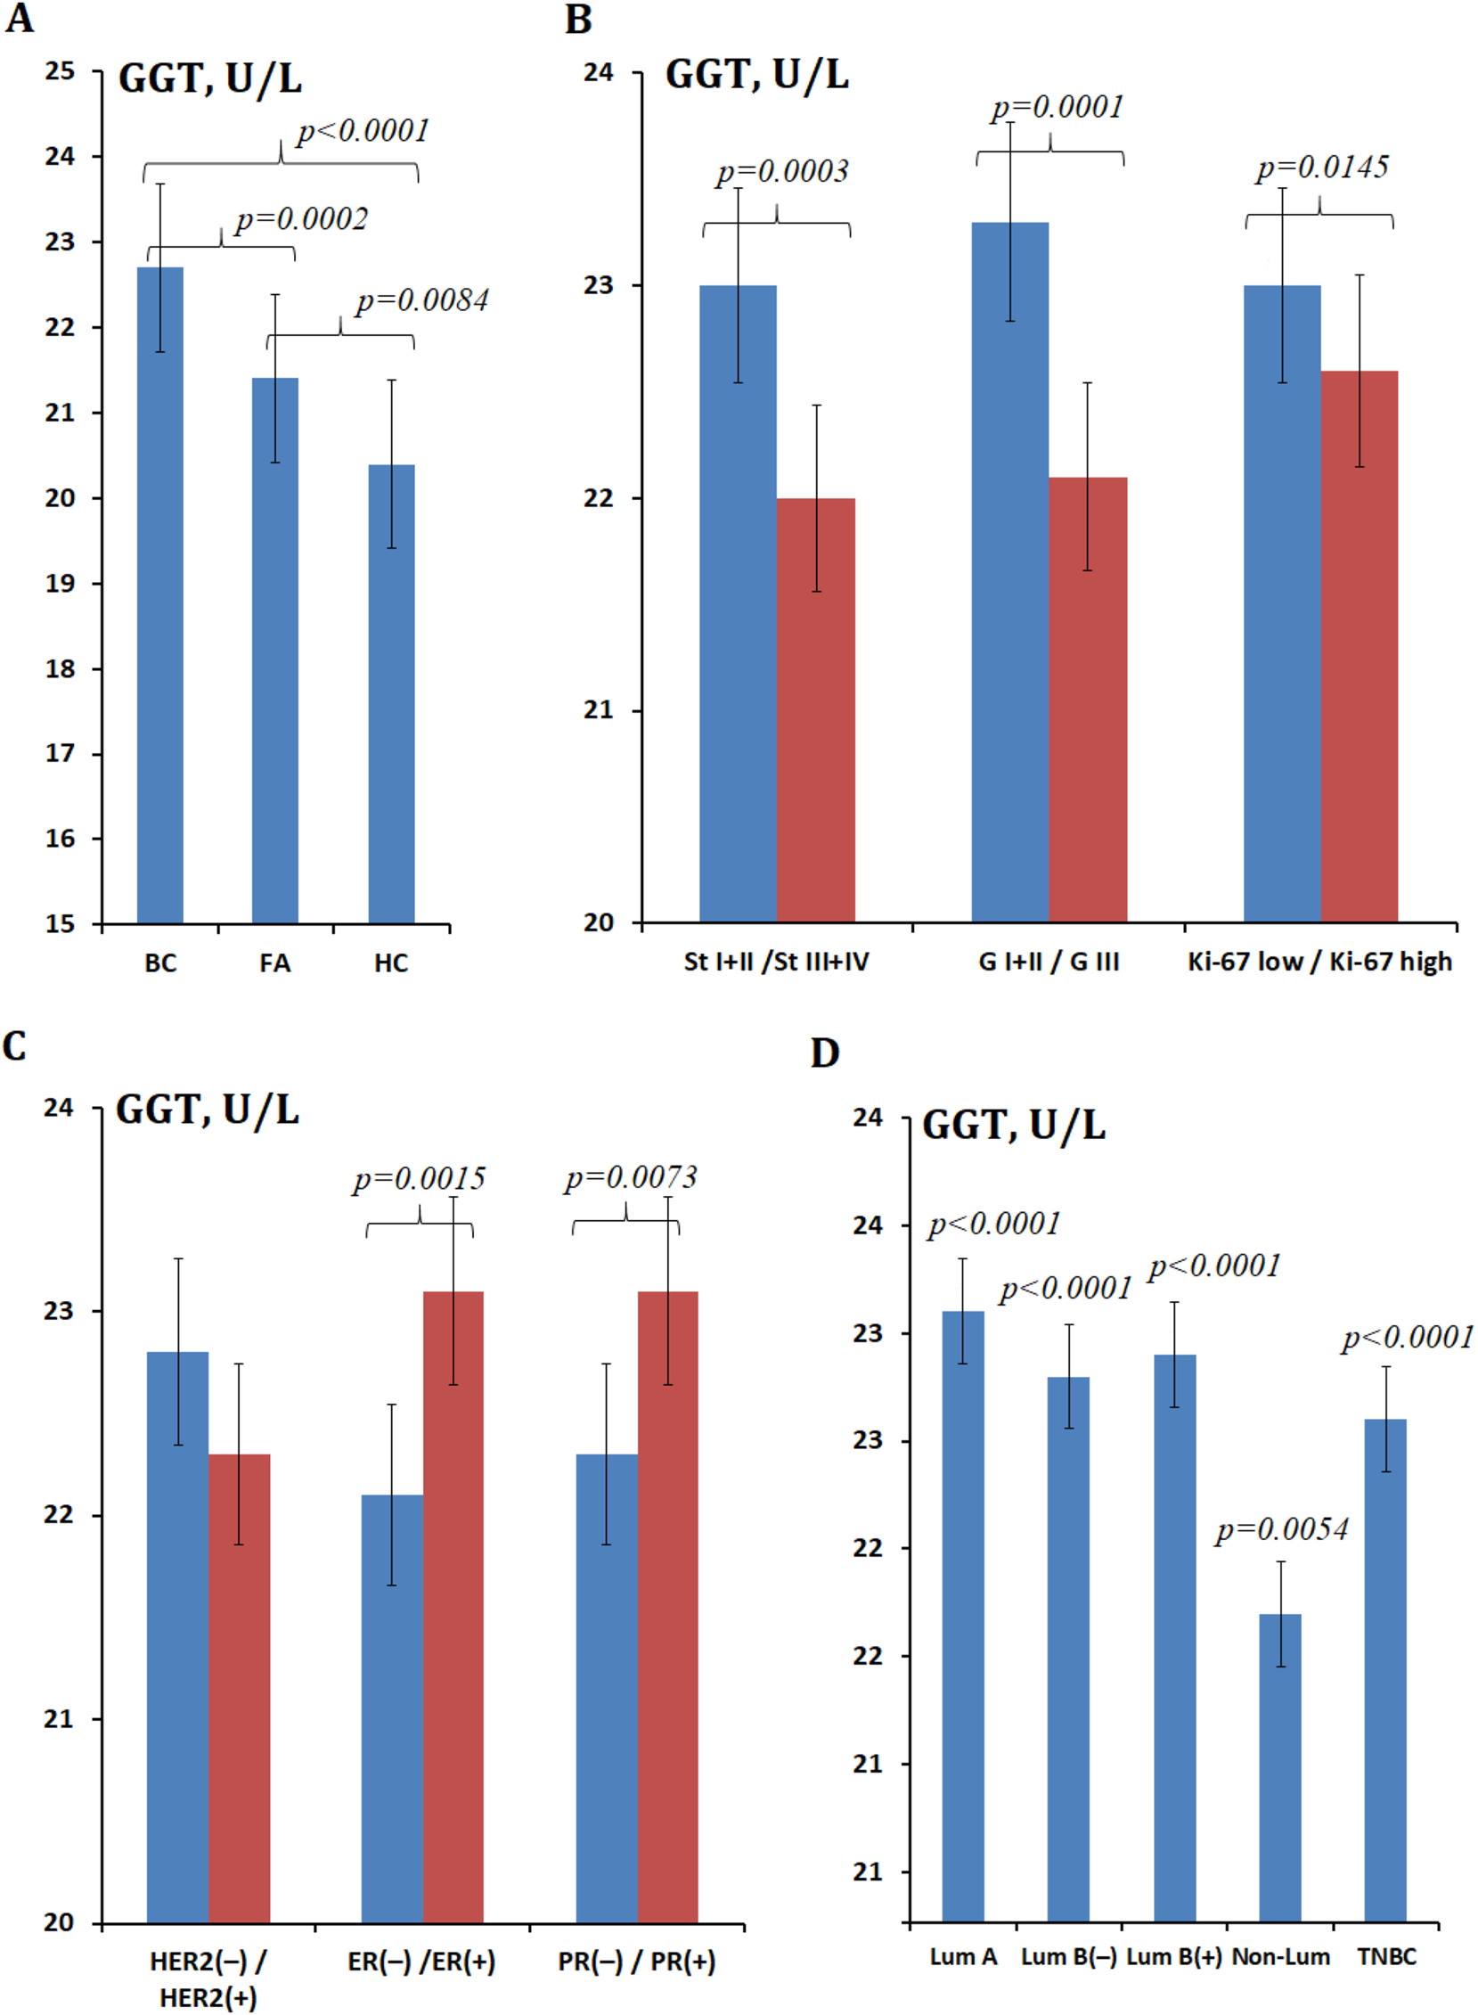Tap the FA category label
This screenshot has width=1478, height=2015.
(x=274, y=962)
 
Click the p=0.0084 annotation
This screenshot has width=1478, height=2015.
(x=422, y=301)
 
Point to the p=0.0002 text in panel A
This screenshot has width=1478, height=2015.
(x=301, y=219)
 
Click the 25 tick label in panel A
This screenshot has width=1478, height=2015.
(x=60, y=71)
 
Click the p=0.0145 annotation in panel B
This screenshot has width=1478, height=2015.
(x=1322, y=168)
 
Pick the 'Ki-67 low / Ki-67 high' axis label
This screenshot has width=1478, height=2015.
(x=1319, y=962)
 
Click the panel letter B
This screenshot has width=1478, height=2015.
(x=579, y=20)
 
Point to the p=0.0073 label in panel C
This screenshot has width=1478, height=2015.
(x=631, y=1177)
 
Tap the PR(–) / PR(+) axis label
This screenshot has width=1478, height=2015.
(x=636, y=1962)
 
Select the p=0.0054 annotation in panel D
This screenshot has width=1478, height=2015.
(x=1281, y=1530)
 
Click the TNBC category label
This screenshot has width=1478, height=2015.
(x=1387, y=1957)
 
